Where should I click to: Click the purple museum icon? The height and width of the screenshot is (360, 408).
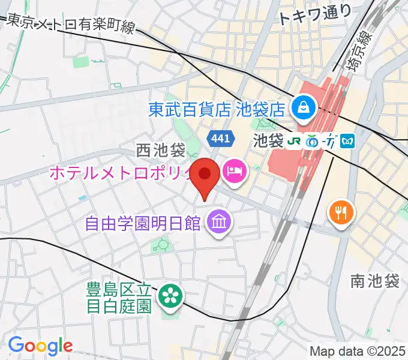tap(217, 224)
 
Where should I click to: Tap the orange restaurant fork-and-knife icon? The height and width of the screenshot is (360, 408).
tap(341, 212)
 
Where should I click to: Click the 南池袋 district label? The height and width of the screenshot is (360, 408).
tap(375, 280)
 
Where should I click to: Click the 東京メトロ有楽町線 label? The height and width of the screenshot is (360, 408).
tap(71, 25)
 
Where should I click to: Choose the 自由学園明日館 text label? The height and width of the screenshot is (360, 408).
tap(143, 224)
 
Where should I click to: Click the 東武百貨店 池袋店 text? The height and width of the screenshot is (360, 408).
tap(216, 109)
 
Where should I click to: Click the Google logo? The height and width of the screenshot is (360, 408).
tap(40, 346)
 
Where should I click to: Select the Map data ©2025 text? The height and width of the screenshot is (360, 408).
tap(357, 350)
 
